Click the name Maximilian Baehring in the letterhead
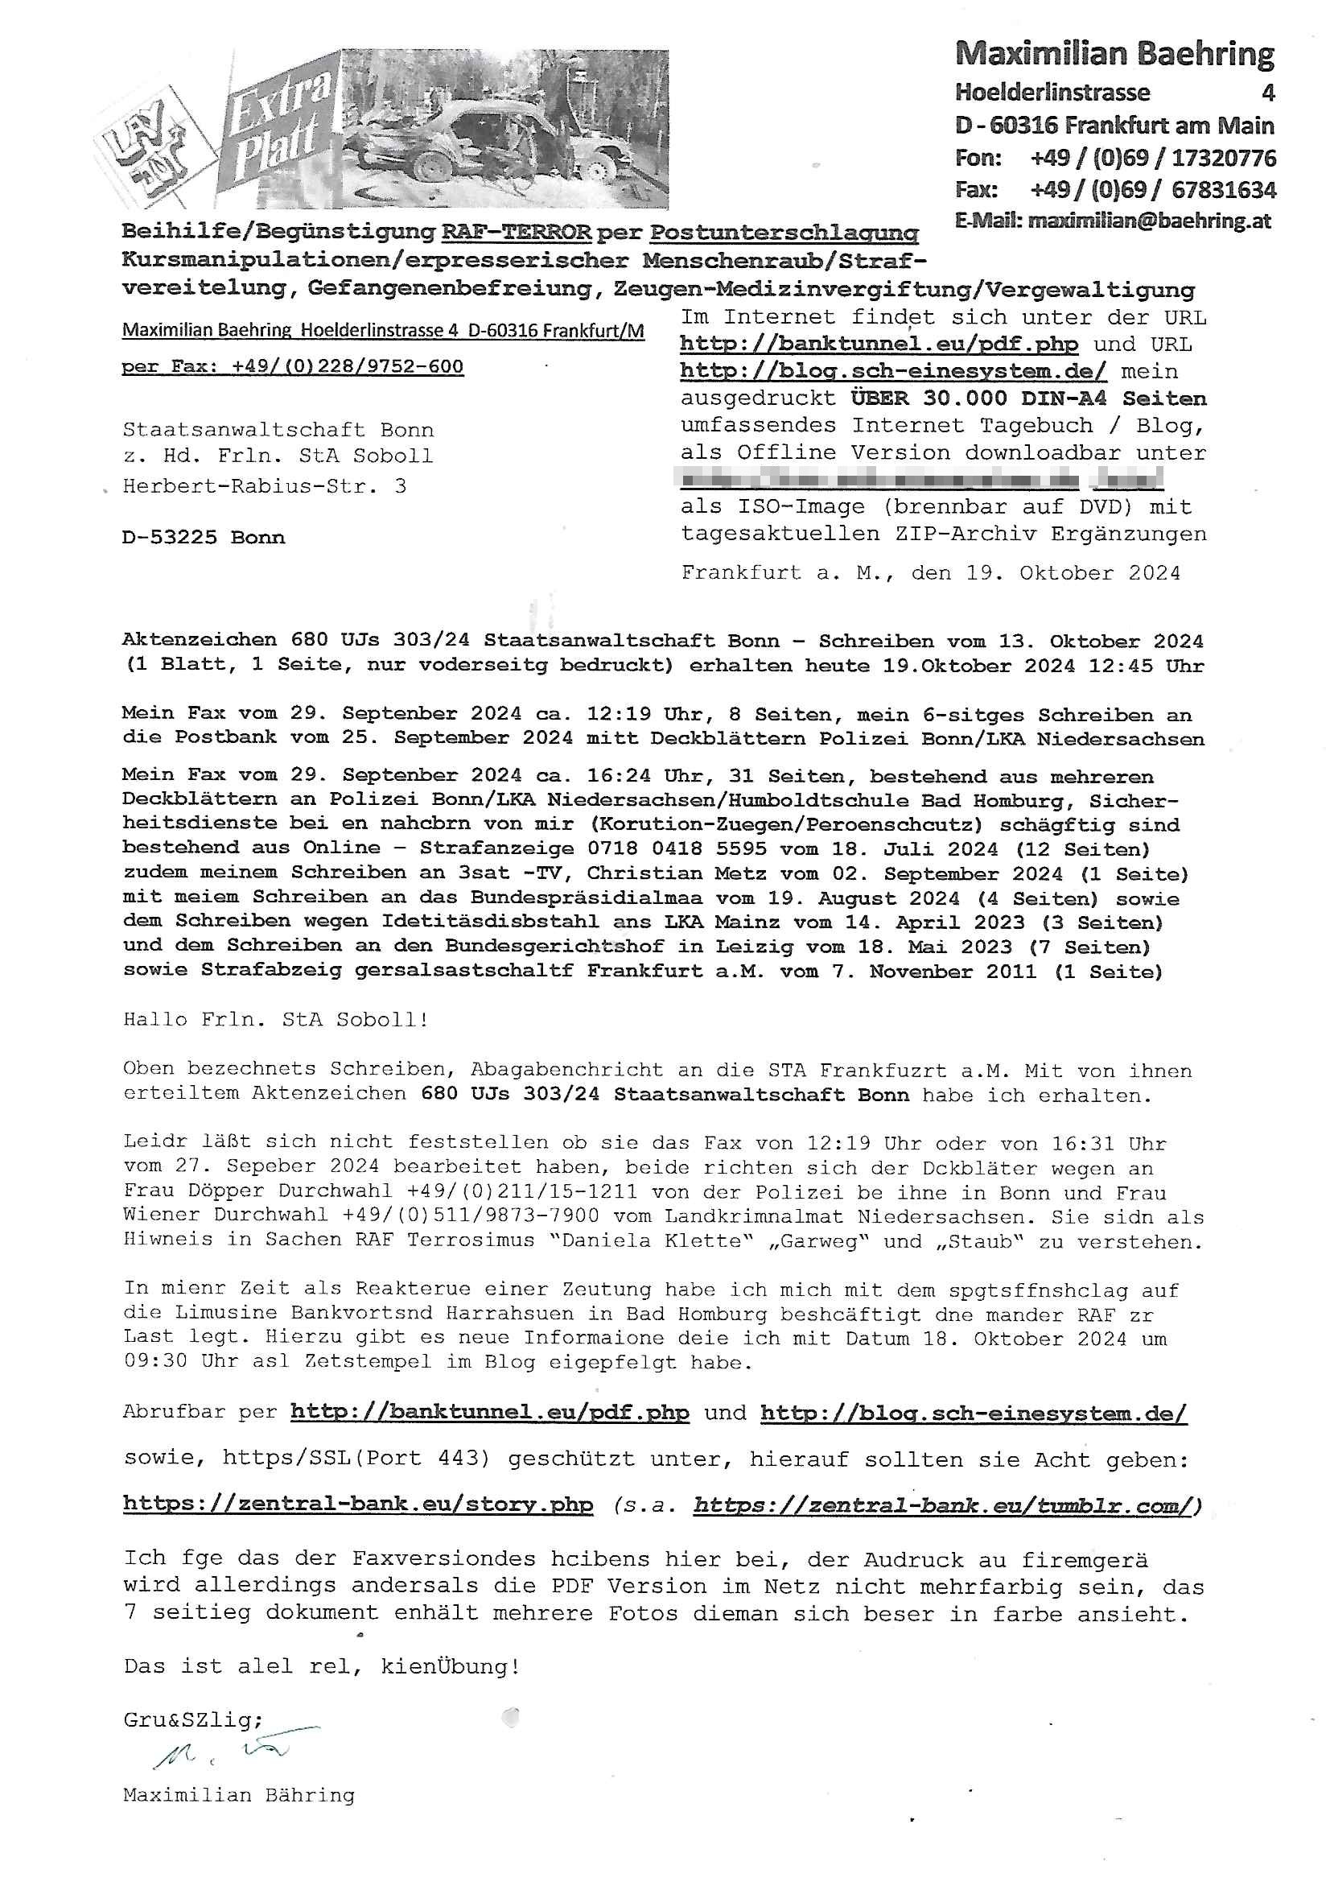pyautogui.click(x=1114, y=54)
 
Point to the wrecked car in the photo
pyautogui.click(x=500, y=143)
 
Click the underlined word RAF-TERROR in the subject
pyautogui.click(x=517, y=232)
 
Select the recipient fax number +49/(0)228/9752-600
pyautogui.click(x=348, y=366)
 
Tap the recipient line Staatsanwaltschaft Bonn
pyautogui.click(x=278, y=430)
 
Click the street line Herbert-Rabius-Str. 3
pyautogui.click(x=264, y=486)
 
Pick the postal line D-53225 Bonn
pyautogui.click(x=204, y=538)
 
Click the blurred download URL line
pyautogui.click(x=921, y=479)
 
